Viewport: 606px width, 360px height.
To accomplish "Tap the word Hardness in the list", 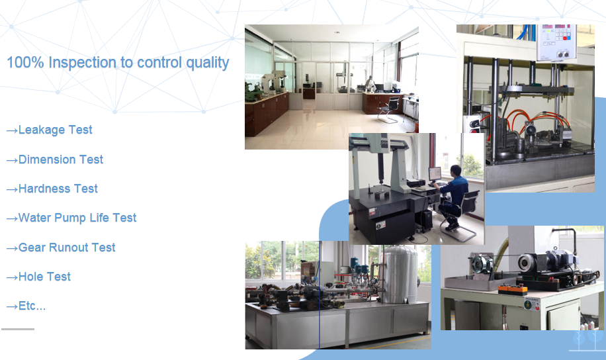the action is click(x=44, y=189).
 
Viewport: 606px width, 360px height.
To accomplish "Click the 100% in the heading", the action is click(x=26, y=62).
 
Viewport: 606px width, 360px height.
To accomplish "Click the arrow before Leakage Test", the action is click(x=12, y=130).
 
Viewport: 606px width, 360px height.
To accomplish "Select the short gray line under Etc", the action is click(x=18, y=329).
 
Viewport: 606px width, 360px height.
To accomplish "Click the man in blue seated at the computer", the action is click(x=453, y=197).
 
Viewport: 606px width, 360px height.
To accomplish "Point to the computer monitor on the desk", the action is click(x=435, y=175).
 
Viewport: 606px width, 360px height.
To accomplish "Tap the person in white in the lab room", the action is click(x=370, y=84).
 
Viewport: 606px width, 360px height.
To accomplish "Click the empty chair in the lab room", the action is click(x=390, y=109).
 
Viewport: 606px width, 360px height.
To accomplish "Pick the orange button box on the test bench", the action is click(x=512, y=289).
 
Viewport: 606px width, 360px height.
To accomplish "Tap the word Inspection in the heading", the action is click(x=82, y=63).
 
